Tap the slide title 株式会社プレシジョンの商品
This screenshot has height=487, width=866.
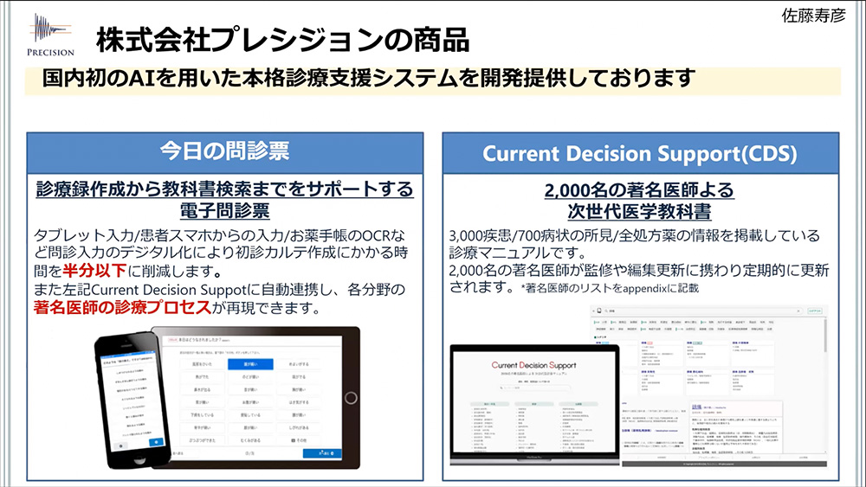282,38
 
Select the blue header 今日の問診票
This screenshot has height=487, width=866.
224,152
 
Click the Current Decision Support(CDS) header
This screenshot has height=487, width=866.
640,153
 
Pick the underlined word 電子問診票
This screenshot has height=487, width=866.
224,210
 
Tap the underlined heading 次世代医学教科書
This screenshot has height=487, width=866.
639,211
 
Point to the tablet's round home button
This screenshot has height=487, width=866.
350,398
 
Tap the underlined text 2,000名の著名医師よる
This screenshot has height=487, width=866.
639,189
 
